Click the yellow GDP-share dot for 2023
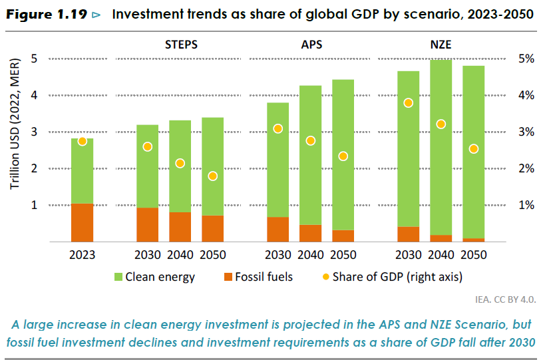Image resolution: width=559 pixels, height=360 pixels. pyautogui.click(x=83, y=141)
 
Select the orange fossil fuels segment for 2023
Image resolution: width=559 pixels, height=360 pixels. pyautogui.click(x=83, y=222)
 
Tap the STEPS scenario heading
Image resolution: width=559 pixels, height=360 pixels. pyautogui.click(x=181, y=45)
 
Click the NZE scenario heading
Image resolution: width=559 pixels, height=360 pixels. pyautogui.click(x=441, y=45)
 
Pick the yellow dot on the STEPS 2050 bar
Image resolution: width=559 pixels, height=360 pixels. pyautogui.click(x=212, y=176)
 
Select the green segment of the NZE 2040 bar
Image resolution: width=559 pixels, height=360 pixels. pyautogui.click(x=441, y=146)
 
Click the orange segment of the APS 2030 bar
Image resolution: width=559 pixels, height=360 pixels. pyautogui.click(x=278, y=229)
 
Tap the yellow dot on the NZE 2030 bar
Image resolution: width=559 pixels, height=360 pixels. pyautogui.click(x=408, y=102)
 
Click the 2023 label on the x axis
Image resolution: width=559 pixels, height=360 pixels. pyautogui.click(x=83, y=255)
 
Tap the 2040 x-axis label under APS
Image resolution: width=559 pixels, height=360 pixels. pyautogui.click(x=311, y=255)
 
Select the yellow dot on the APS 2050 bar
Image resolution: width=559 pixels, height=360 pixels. pyautogui.click(x=343, y=156)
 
